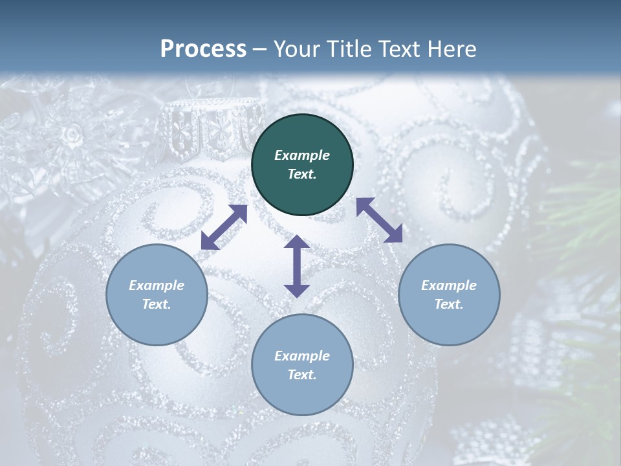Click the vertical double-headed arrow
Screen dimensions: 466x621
pos(297,266)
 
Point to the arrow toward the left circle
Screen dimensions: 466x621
pos(224,227)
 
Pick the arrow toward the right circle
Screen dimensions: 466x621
pos(380,220)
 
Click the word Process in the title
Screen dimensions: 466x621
pos(203,49)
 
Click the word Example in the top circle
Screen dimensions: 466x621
pos(302,155)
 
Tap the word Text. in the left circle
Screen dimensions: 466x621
pos(157,304)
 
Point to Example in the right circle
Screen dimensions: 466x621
pos(449,285)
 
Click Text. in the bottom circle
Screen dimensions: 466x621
pos(302,375)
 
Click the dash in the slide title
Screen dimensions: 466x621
pos(260,49)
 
